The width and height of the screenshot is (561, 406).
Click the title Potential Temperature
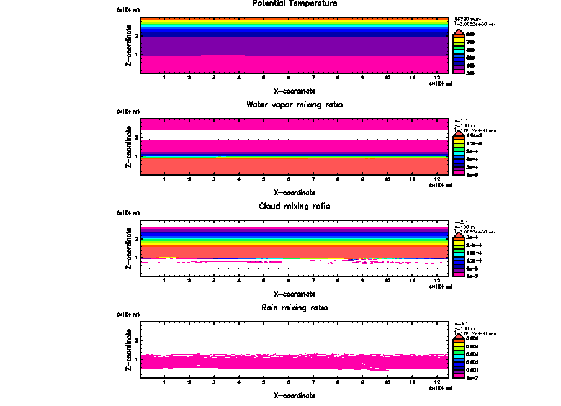[x=295, y=4]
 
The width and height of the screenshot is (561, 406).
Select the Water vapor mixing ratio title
[x=295, y=105]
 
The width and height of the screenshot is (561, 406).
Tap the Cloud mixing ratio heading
[x=295, y=206]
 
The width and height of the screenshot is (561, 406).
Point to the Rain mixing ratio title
[x=295, y=308]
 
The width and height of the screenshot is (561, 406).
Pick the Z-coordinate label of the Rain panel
[x=128, y=352]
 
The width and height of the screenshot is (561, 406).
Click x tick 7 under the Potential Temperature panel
[x=313, y=78]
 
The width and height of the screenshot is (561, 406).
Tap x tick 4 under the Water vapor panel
[x=239, y=179]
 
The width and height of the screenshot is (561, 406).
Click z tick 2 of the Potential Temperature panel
[x=136, y=35]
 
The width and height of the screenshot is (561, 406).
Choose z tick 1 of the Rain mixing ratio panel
[x=136, y=359]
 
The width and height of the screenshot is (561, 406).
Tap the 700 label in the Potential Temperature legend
[x=470, y=42]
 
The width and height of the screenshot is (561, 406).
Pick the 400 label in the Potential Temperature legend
[x=470, y=65]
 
